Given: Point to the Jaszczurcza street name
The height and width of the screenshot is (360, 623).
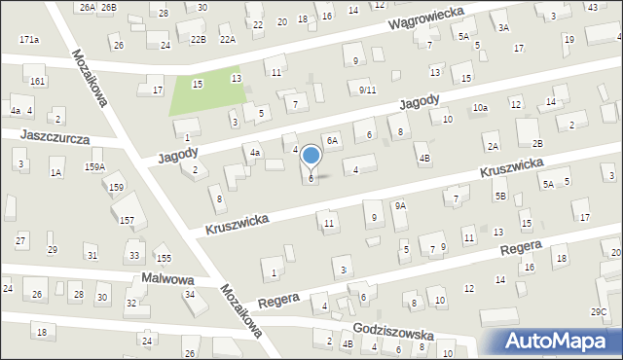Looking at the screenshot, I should (x=53, y=138).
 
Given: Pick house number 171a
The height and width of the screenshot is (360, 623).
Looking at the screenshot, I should (x=29, y=40).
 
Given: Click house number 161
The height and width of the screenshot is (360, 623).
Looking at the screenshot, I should (x=37, y=81).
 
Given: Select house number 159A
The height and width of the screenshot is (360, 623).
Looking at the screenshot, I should (x=94, y=166).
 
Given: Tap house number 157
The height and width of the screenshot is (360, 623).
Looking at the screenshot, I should (x=127, y=221).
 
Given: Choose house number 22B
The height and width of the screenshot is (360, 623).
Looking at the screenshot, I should (x=199, y=39).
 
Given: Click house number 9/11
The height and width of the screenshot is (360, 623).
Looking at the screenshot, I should (x=367, y=90).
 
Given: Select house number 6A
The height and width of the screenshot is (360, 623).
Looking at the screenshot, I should (x=332, y=141).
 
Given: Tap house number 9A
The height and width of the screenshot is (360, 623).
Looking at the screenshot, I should (x=400, y=206).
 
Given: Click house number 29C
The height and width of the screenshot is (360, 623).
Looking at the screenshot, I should (x=599, y=311).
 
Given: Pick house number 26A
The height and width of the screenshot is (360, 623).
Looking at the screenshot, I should (x=88, y=7).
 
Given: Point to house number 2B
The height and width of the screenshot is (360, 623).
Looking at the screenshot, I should (x=537, y=143).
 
